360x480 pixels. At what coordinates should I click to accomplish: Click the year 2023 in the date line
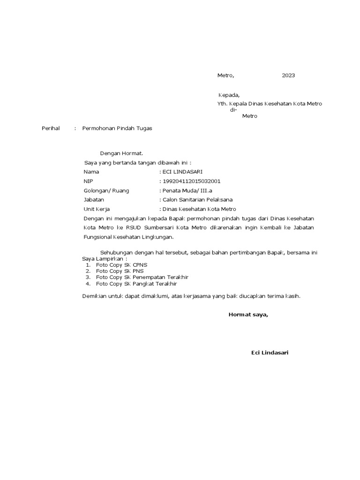click(x=288, y=75)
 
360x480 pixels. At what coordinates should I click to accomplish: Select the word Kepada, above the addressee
click(x=229, y=95)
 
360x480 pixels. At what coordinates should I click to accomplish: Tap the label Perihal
click(x=51, y=128)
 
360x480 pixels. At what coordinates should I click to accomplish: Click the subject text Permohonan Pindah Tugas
click(x=117, y=128)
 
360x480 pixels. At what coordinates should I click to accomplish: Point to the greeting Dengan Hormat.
click(x=121, y=153)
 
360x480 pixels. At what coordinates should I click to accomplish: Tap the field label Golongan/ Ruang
click(x=106, y=191)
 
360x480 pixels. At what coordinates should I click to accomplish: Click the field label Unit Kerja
click(x=97, y=209)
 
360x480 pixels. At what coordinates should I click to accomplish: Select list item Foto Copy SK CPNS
click(x=121, y=265)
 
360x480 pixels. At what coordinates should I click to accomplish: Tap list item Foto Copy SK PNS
click(x=120, y=271)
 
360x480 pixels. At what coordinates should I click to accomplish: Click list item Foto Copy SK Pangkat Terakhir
click(x=137, y=284)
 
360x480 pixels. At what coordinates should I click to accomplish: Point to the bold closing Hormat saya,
click(x=248, y=315)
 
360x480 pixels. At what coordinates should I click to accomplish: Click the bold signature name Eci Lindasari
click(x=270, y=352)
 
